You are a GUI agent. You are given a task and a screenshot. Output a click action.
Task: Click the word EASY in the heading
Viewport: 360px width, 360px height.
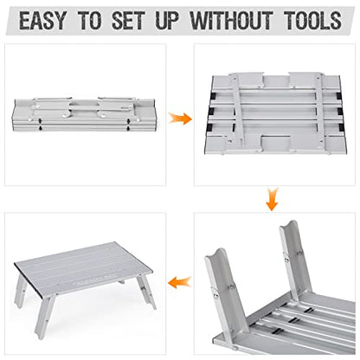tap(42, 20)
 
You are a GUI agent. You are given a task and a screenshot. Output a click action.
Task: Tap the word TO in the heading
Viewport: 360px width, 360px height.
tap(90, 20)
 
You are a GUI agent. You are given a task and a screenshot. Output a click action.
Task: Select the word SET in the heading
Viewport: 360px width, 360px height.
tap(128, 20)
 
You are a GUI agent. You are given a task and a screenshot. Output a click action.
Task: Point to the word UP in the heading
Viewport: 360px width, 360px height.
tap(167, 20)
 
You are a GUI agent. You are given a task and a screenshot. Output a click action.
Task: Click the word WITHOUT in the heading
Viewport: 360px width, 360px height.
tap(231, 20)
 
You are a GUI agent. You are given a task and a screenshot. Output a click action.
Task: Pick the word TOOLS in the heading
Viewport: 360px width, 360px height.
tap(312, 20)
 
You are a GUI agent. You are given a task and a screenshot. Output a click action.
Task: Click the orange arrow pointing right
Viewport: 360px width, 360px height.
tap(180, 119)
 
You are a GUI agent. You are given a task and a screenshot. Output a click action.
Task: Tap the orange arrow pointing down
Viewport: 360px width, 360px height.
tap(272, 199)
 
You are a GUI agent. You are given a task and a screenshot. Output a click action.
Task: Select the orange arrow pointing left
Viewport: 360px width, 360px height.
tap(180, 282)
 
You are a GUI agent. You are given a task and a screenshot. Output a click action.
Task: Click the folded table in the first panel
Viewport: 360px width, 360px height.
tap(84, 114)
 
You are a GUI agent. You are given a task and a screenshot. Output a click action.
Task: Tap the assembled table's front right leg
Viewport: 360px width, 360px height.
tap(146, 292)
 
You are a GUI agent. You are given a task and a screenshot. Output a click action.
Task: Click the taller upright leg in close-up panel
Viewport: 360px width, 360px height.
tap(295, 260)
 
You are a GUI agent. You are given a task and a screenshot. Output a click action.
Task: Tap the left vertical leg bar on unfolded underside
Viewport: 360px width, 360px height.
tap(237, 110)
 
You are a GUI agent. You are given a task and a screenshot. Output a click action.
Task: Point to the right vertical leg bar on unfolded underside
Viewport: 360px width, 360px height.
tap(320, 110)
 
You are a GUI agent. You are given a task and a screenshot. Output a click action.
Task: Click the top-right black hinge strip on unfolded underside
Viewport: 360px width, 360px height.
tap(339, 96)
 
